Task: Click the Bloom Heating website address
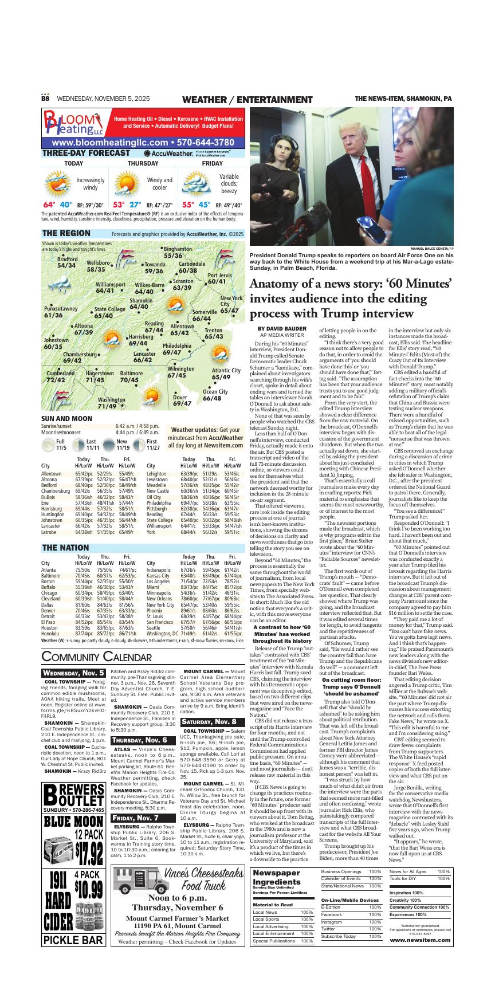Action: tap(143, 142)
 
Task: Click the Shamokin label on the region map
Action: tap(140, 304)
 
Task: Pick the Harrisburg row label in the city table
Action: tap(51, 508)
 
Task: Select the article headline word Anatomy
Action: tap(280, 284)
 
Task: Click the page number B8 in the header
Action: tap(45, 99)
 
